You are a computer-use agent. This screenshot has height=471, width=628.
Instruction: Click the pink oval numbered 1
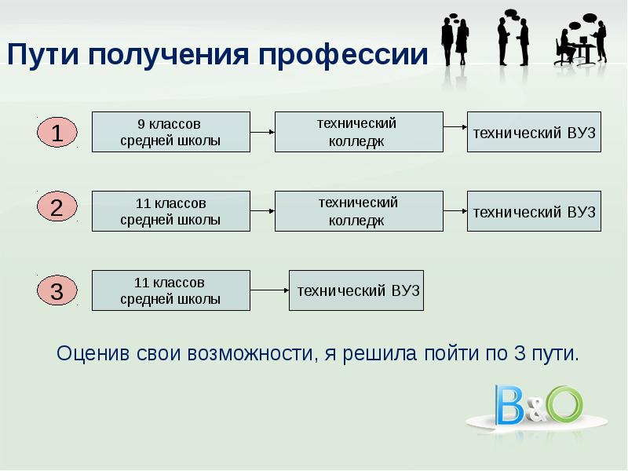pyautogui.click(x=57, y=132)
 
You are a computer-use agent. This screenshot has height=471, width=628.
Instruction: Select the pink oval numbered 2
pyautogui.click(x=57, y=210)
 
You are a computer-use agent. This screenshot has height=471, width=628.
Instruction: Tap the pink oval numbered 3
pyautogui.click(x=57, y=292)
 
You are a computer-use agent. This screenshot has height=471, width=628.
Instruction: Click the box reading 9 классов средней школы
pyautogui.click(x=170, y=132)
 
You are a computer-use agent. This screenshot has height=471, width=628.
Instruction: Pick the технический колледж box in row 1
pyautogui.click(x=358, y=132)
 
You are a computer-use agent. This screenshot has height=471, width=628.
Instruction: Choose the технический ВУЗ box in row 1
pyautogui.click(x=534, y=132)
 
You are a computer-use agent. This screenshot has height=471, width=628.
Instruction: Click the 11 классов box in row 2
pyautogui.click(x=170, y=210)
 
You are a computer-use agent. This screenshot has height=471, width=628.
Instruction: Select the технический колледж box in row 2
pyautogui.click(x=358, y=210)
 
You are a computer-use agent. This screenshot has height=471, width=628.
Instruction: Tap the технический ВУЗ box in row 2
pyautogui.click(x=534, y=210)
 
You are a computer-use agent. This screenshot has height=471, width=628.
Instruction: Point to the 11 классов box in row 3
pyautogui.click(x=170, y=290)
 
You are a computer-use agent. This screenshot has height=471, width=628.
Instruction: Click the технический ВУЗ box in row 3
pyautogui.click(x=356, y=290)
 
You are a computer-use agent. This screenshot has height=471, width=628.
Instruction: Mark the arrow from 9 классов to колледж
pyautogui.click(x=262, y=133)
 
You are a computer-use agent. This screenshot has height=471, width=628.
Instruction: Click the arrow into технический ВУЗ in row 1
pyautogui.click(x=455, y=126)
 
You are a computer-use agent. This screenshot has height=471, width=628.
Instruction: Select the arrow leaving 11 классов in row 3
pyautogui.click(x=269, y=290)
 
